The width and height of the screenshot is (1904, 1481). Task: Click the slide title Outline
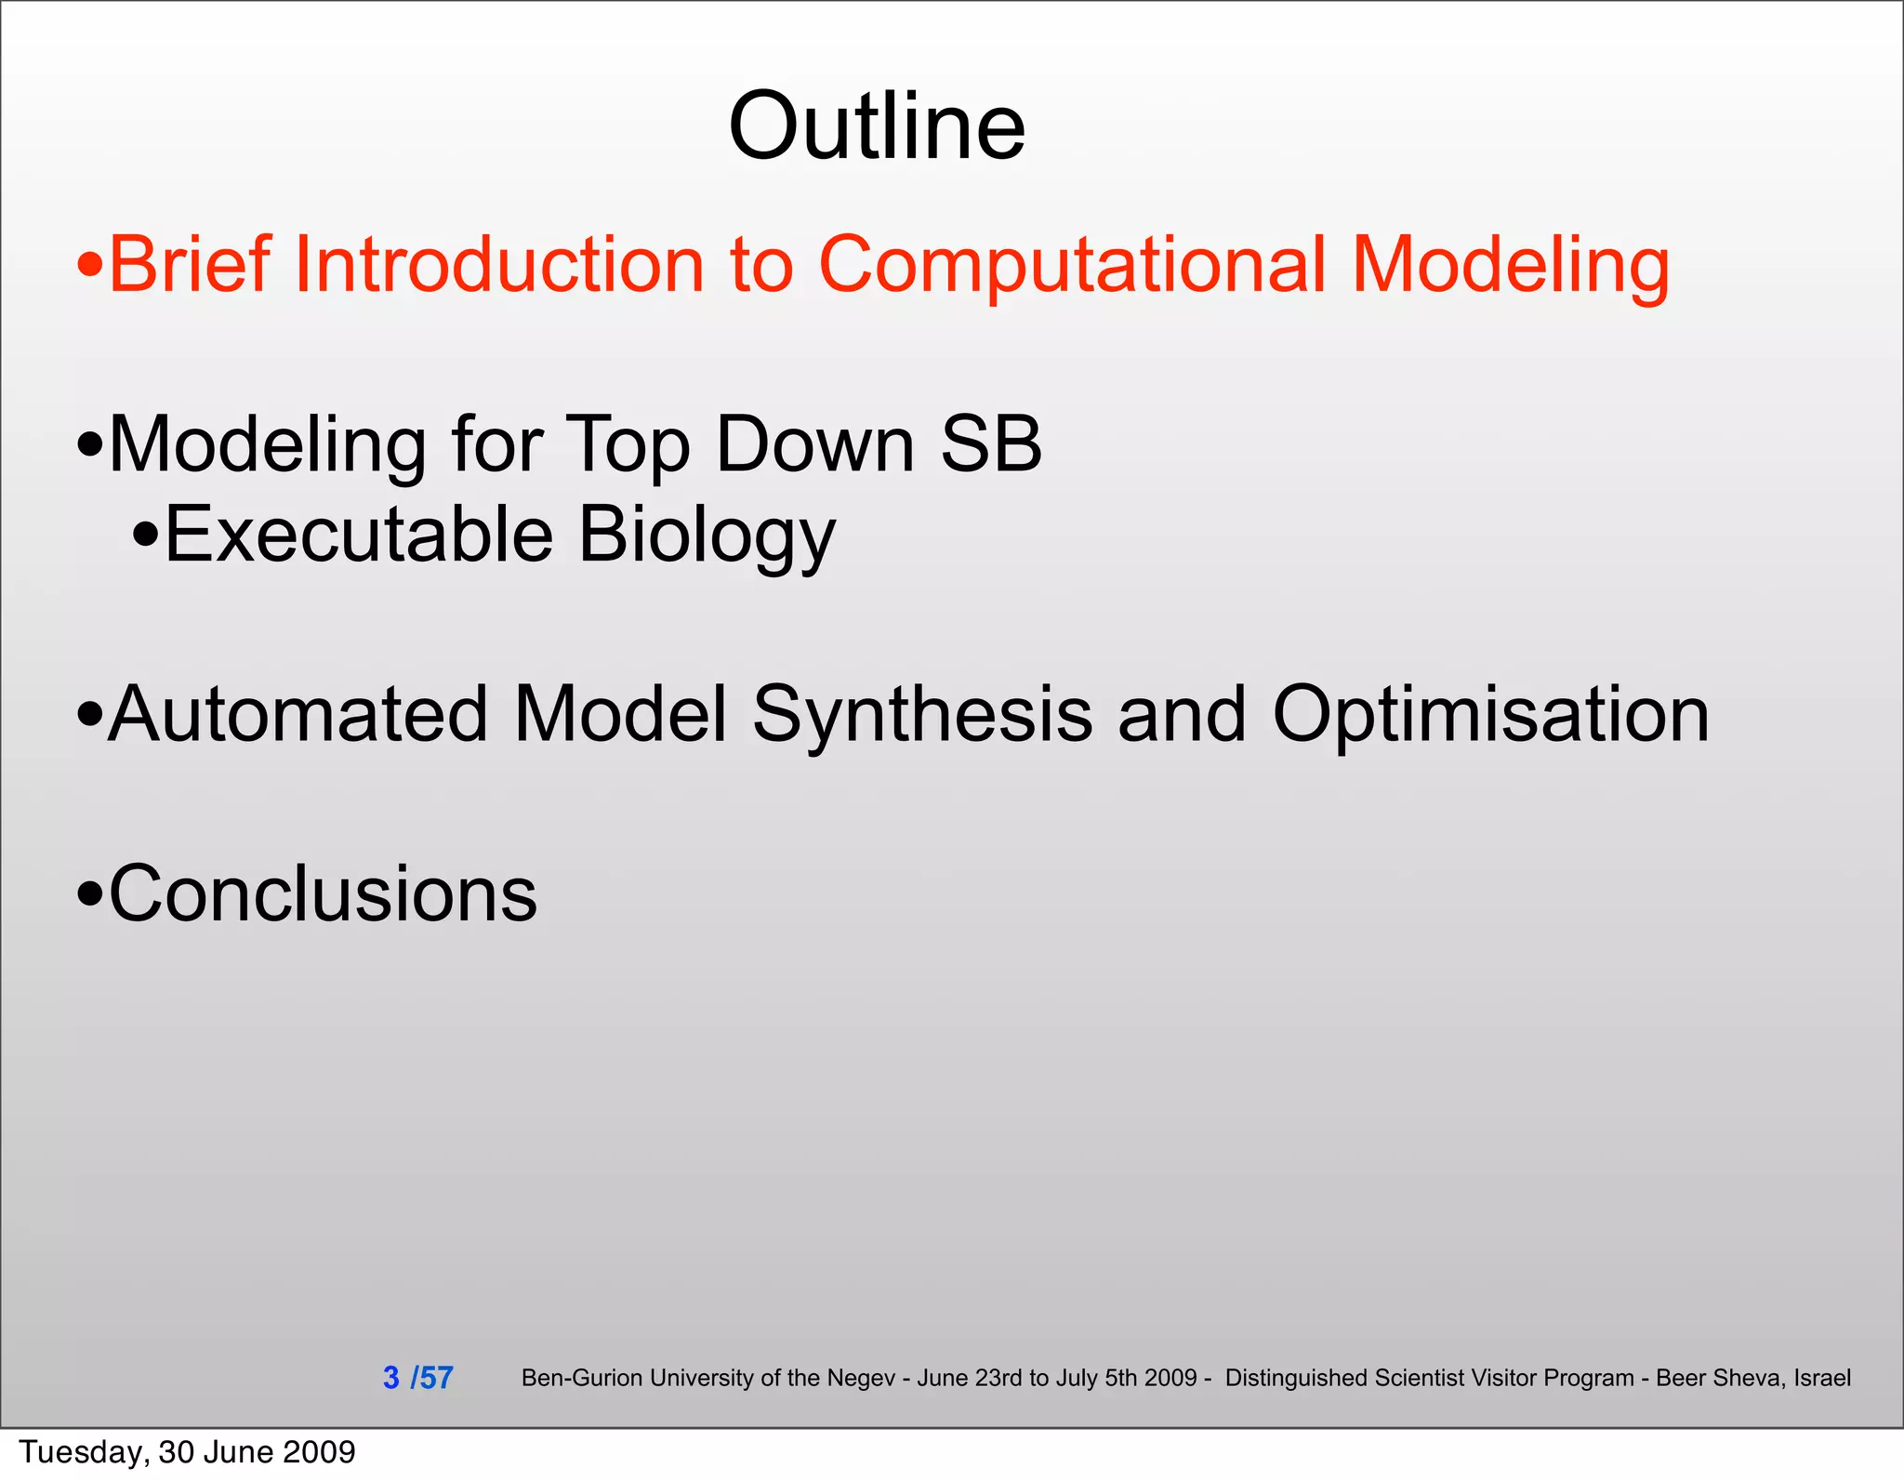877,126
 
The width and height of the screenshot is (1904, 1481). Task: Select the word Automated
297,714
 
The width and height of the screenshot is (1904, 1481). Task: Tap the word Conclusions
323,893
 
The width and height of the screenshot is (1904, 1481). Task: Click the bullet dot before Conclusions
90,895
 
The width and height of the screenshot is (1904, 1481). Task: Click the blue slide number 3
391,1377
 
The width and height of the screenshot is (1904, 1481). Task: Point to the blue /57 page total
432,1377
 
